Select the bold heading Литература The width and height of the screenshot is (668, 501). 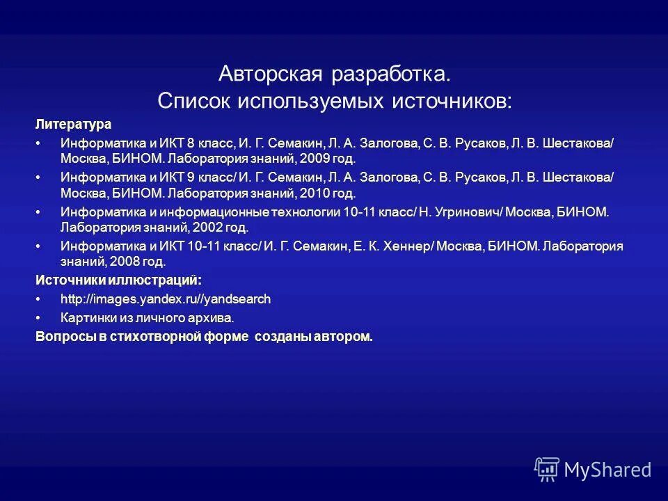click(x=74, y=124)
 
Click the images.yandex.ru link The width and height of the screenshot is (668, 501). click(x=166, y=299)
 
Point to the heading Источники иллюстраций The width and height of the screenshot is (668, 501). click(x=119, y=280)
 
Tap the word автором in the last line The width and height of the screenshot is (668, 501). click(x=343, y=337)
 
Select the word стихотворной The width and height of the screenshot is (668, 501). click(x=174, y=337)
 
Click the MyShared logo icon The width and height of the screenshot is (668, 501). click(x=547, y=469)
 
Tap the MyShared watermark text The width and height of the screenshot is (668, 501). click(x=608, y=470)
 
